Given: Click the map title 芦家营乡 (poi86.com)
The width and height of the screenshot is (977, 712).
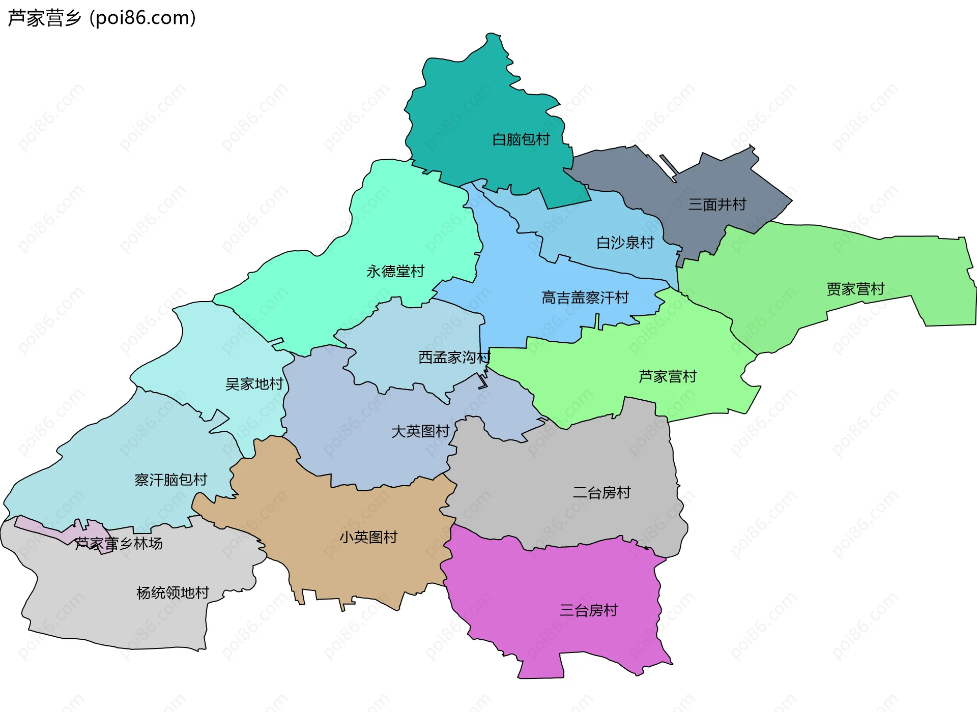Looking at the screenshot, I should [102, 18].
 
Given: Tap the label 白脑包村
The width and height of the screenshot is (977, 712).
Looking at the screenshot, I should [521, 139].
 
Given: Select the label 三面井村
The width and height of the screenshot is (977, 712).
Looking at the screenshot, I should [717, 204].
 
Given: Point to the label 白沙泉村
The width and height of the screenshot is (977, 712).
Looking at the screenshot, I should [625, 243].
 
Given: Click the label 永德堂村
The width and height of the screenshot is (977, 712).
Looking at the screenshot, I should [395, 272].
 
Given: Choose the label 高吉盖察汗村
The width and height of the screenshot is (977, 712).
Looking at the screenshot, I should [585, 298].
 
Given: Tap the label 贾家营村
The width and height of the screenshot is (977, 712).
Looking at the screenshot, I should [855, 289].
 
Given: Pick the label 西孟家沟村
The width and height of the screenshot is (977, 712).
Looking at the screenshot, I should [454, 358].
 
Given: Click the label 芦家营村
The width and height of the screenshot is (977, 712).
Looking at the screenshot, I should [667, 376].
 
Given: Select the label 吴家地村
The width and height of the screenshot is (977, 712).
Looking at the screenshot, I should [254, 384].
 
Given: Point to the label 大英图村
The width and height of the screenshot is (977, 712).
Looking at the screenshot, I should [420, 431].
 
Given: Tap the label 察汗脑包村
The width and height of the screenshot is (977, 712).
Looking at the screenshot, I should [171, 480].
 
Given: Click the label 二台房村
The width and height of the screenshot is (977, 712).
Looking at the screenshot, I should [601, 492].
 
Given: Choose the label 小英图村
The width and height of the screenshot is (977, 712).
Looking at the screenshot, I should [368, 537].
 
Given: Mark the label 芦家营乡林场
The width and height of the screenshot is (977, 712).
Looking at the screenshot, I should [119, 544].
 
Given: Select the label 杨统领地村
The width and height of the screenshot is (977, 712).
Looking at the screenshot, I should [173, 592].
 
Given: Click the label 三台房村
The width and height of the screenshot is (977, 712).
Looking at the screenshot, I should [588, 610].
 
